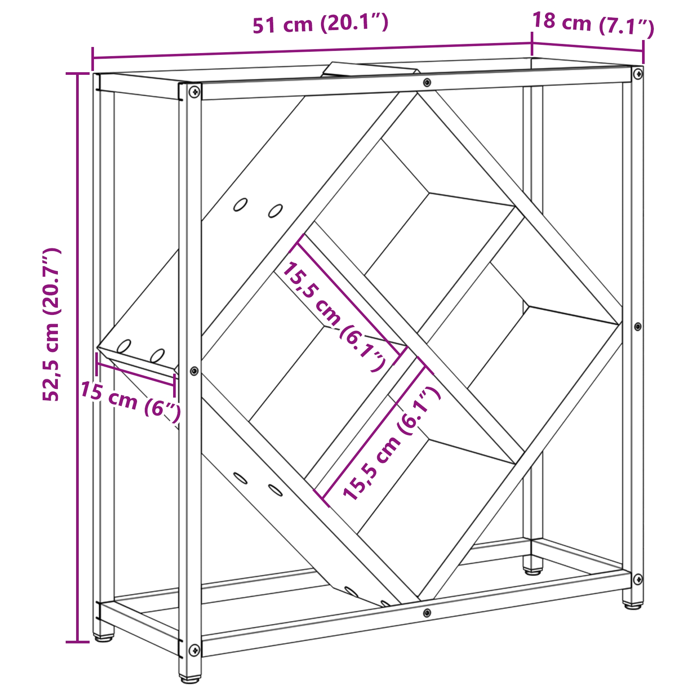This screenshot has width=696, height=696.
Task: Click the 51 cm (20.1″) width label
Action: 321,24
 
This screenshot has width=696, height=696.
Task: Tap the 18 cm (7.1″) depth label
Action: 593,23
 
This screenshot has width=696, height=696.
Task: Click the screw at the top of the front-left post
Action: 194,92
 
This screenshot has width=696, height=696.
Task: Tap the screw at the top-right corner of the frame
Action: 637,74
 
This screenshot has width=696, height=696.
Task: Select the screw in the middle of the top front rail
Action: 427,82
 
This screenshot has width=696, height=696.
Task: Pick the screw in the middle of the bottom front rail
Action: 427,613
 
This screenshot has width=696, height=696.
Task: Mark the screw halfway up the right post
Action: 637,326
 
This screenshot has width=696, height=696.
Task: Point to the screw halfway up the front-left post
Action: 194,371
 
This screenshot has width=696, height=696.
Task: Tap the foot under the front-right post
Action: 632,605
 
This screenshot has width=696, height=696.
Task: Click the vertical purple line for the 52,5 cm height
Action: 77,357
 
